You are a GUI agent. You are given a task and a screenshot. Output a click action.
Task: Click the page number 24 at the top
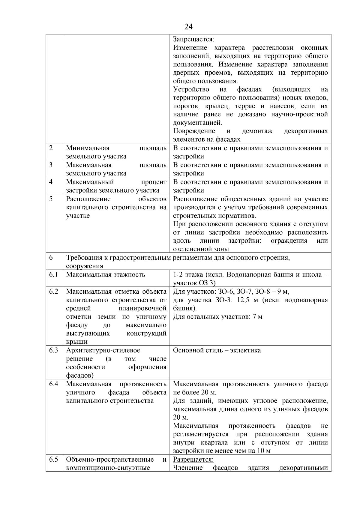(x=188, y=27)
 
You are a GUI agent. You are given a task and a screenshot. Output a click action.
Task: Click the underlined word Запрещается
(x=193, y=39)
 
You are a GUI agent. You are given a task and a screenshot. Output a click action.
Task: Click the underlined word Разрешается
(x=193, y=460)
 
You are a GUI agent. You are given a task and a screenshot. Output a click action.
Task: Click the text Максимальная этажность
(x=106, y=274)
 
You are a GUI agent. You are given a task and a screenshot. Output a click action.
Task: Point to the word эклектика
(x=245, y=350)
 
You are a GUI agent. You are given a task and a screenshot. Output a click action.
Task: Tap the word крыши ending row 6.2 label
(x=77, y=342)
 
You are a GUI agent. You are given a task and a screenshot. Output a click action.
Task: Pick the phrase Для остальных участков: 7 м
(x=217, y=317)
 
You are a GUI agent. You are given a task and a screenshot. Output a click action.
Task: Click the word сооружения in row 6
(x=84, y=266)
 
